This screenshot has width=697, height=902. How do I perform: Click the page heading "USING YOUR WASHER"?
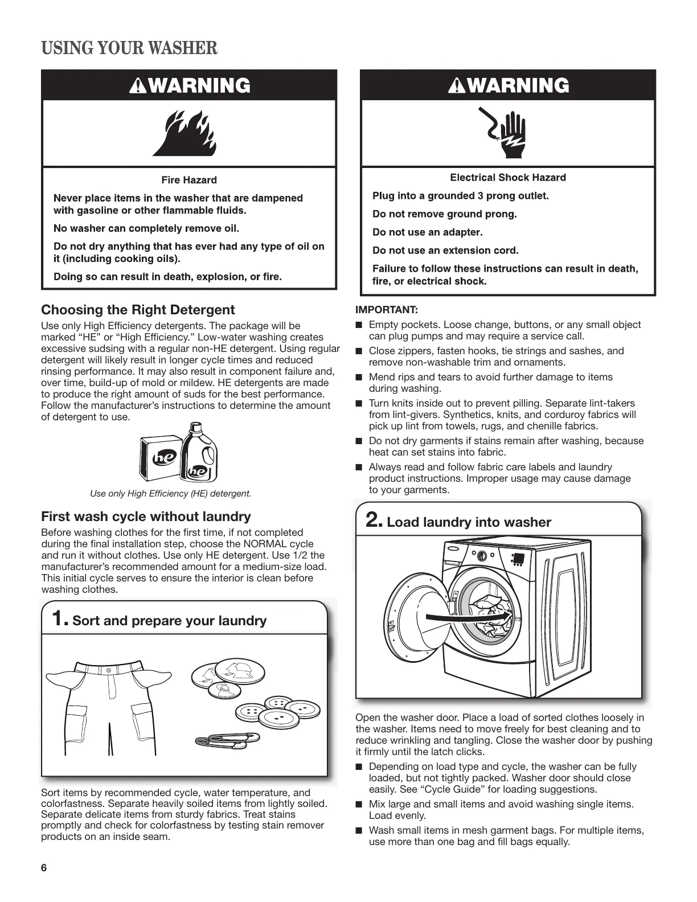click(x=129, y=48)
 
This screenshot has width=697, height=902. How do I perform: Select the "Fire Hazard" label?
click(x=189, y=180)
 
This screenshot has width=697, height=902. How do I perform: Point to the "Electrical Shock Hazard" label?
click(x=508, y=178)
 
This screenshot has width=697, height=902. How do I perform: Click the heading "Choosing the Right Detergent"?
click(x=138, y=310)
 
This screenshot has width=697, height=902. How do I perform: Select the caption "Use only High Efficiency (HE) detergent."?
click(x=171, y=493)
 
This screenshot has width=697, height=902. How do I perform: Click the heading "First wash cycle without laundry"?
click(x=146, y=516)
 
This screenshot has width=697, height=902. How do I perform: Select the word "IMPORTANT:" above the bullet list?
click(x=387, y=310)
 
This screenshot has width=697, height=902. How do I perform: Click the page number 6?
click(x=44, y=868)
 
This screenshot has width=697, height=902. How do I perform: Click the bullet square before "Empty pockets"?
click(x=359, y=325)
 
